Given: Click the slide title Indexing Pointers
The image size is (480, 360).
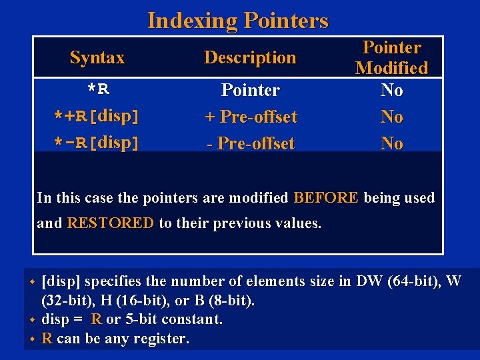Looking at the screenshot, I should tap(238, 20).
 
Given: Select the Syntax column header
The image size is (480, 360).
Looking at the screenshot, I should tap(97, 58).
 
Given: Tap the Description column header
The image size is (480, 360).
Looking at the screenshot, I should tap(250, 58).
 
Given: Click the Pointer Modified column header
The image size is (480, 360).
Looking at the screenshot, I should tap(392, 57).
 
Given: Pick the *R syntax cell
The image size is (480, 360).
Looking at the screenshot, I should tap(97, 90).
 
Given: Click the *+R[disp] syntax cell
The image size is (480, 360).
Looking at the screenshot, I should tap(97, 117).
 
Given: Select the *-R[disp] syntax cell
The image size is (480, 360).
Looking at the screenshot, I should tap(97, 143).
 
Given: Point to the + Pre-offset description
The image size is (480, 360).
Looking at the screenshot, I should tap(250, 117).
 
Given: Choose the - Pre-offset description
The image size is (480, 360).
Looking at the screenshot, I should tap(250, 143).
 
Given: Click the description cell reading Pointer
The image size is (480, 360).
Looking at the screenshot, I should tap(250, 90).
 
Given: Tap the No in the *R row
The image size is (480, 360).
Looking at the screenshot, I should tap(392, 90).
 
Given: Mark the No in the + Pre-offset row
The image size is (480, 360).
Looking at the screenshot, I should tap(392, 117).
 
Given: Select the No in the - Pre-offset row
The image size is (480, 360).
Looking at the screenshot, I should tap(392, 143).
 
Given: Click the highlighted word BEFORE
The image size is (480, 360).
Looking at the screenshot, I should tap(326, 198).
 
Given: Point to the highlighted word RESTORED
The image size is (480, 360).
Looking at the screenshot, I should tap(110, 223).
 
